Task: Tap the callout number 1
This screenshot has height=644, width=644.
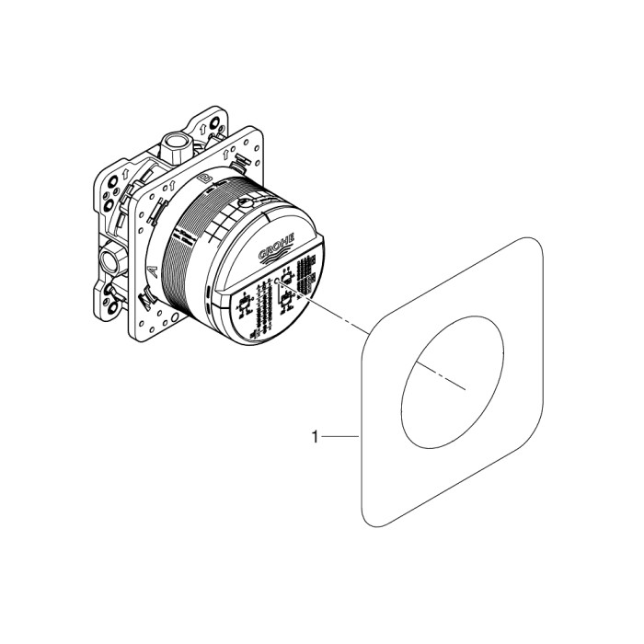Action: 315,439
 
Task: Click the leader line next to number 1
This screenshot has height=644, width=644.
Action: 339,439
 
